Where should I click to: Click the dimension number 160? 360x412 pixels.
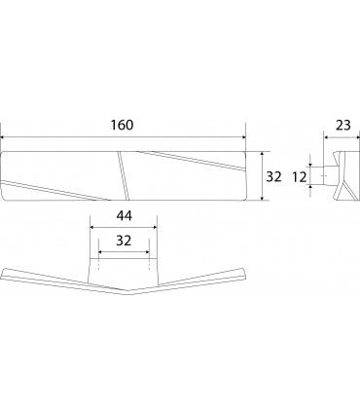coord(122,125)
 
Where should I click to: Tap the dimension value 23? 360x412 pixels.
coord(343,125)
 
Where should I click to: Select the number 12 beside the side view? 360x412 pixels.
coord(300,177)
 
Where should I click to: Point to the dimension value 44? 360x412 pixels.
coord(124,216)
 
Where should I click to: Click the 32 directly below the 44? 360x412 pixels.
coord(124,241)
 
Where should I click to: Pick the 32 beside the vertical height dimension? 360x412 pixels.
coord(273,177)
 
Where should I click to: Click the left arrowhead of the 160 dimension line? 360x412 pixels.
coord(3,137)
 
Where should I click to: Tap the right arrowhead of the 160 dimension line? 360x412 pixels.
coord(243,137)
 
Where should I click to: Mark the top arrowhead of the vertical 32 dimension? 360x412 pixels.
coord(262,154)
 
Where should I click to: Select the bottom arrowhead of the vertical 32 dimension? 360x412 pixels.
coord(262,198)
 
